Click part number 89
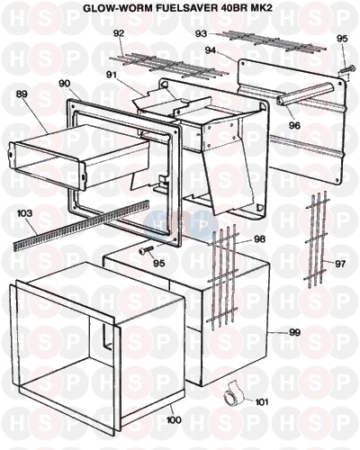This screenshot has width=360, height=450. click(x=22, y=94)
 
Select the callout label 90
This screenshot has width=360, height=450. click(x=65, y=84)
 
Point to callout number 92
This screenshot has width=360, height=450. click(x=119, y=33)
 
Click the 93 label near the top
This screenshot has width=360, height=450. click(x=201, y=34)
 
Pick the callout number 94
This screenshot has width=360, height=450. click(x=211, y=50)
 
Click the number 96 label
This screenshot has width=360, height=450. click(x=294, y=126)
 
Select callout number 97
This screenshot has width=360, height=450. click(x=340, y=264)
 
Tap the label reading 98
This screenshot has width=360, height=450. click(x=259, y=239)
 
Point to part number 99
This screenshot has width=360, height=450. click(x=295, y=332)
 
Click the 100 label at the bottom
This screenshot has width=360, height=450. click(x=174, y=419)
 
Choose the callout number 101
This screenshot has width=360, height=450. click(x=261, y=402)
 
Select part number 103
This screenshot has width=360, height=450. click(x=25, y=213)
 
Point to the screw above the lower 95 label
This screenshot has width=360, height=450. click(x=146, y=250)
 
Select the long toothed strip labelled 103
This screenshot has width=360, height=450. click(x=82, y=225)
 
